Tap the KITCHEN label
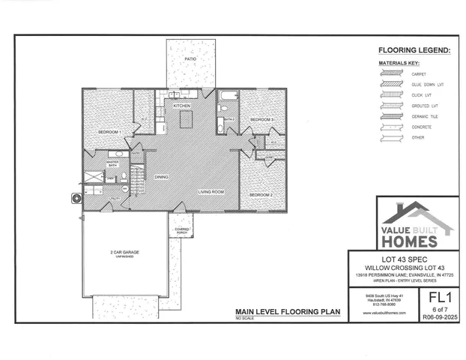coord(182,106)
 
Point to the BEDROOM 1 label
coord(109,132)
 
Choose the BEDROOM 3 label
coord(261,120)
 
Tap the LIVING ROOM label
coord(211,192)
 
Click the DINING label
coord(161,177)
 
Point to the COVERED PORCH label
coord(182,229)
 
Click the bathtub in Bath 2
coord(227,97)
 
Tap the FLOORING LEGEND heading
coord(414,51)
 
